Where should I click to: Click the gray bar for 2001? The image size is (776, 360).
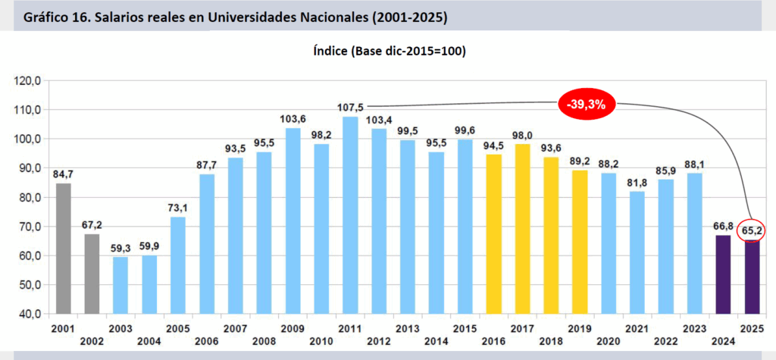tap(63, 248)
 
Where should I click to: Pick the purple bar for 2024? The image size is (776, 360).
tap(724, 274)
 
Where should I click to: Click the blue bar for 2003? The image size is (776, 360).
tap(120, 285)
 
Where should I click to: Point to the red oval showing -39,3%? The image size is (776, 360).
tap(587, 105)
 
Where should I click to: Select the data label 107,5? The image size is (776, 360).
tap(350, 108)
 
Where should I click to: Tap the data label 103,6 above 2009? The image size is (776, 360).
tap(293, 119)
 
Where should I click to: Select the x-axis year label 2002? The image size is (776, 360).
tap(92, 341)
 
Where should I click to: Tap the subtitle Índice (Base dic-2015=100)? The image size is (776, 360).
tap(389, 52)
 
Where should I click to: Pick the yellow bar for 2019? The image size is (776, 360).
tap(580, 241)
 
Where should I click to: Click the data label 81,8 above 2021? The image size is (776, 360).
tap(638, 182)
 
